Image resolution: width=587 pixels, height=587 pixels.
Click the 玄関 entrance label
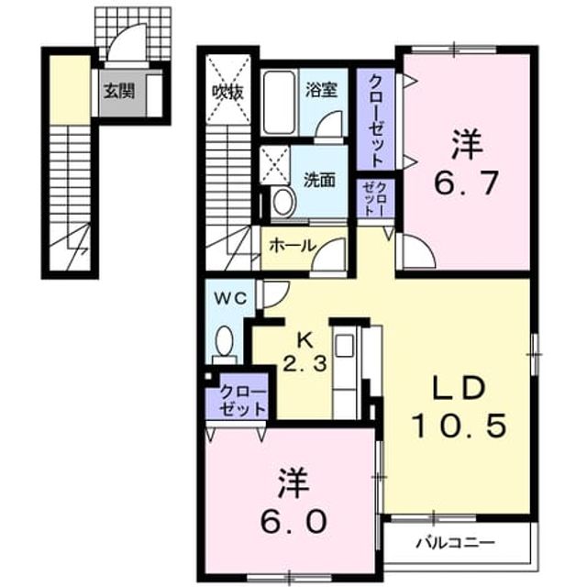(118, 92)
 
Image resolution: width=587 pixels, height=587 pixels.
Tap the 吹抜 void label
(228, 92)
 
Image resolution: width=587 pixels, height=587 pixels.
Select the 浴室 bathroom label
(321, 90)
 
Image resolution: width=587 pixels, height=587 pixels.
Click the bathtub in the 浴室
(280, 102)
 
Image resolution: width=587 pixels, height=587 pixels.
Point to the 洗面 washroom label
(319, 180)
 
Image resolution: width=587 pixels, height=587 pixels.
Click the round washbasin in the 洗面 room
(284, 202)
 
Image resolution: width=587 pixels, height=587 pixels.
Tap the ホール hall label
(293, 246)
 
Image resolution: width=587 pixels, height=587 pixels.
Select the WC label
(230, 298)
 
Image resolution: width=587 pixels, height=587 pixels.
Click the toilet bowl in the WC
(224, 340)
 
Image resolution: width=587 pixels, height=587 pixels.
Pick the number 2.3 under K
(305, 363)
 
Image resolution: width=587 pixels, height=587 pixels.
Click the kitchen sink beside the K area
(345, 346)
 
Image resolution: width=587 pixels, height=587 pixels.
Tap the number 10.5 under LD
(460, 426)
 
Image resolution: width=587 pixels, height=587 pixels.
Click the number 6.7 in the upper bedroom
(466, 183)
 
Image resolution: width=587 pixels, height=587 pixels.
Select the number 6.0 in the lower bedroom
(293, 522)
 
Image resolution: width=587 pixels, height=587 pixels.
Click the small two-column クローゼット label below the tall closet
(375, 198)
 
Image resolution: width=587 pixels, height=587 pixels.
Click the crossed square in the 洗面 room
(275, 165)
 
